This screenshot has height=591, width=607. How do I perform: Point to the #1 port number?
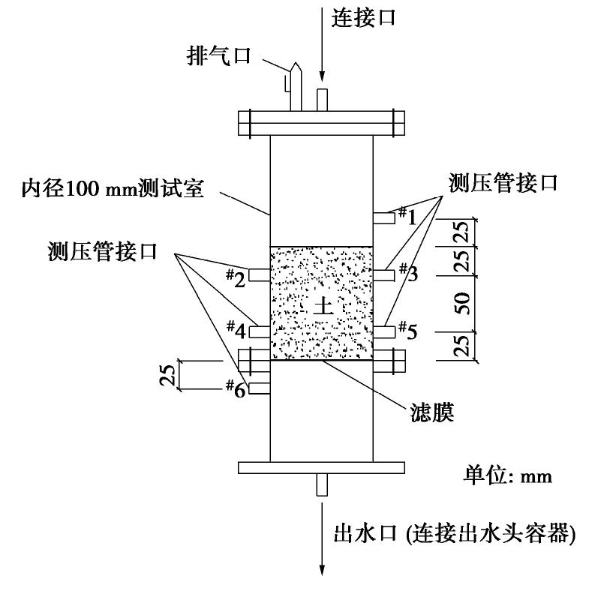[406, 216]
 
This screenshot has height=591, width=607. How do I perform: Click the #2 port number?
[236, 279]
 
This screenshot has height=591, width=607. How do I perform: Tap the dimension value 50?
[465, 302]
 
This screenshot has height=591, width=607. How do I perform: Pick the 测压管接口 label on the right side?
[503, 183]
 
